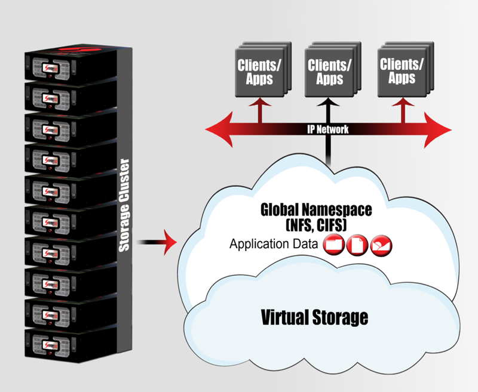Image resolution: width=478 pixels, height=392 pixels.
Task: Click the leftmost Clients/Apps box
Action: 263,69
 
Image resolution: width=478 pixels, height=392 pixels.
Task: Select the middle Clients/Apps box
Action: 333,69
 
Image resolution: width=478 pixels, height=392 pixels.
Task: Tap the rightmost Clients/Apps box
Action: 406,69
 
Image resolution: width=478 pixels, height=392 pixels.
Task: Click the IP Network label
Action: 327,129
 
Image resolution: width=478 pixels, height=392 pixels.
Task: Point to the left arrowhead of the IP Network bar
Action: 219,129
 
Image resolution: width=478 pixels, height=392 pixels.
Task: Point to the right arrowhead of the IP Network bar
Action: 437,129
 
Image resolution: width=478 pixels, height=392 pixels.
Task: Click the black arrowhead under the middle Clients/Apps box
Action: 327,102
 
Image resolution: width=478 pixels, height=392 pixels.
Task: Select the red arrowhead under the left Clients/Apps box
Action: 260,102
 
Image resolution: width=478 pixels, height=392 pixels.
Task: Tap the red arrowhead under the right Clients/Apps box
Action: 403,102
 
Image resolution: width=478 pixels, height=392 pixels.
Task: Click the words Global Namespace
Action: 316,210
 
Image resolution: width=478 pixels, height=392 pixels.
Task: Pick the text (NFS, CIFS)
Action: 316,226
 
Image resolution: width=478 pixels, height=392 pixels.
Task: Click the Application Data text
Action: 274,245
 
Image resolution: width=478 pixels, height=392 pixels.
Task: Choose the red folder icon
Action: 334,245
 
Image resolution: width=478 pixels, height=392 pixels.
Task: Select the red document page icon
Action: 357,245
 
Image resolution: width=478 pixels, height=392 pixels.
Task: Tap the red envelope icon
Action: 381,245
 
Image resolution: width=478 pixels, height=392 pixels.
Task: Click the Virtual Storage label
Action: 315,317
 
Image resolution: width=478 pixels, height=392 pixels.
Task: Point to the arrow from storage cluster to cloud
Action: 157,242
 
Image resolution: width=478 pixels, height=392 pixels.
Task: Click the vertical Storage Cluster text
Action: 124,205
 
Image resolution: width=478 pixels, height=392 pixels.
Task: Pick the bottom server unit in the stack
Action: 71,345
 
